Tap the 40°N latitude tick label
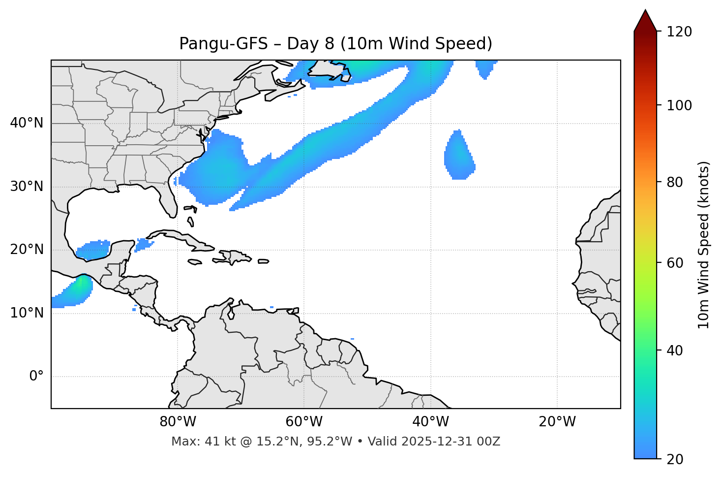27,123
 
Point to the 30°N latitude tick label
27,187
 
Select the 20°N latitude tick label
27,250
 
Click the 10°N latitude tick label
27,313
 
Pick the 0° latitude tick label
36,377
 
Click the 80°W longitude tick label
178,422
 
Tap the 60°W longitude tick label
304,422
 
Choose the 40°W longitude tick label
430,422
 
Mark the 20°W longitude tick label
557,422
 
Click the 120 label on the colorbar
679,32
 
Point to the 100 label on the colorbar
679,105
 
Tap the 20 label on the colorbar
675,459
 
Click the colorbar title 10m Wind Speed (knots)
704,245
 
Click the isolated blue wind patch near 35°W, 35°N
459,157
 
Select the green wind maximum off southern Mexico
80,284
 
